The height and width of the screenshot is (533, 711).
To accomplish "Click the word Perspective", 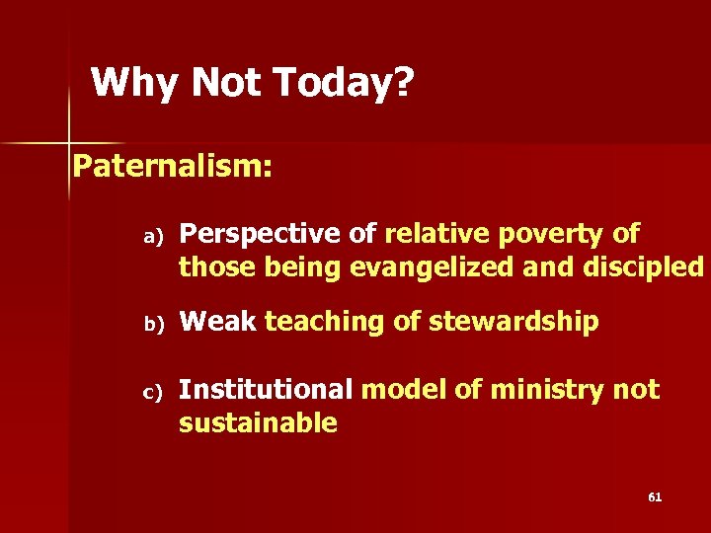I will [263, 235].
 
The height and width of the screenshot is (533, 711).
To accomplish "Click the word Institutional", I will [265, 390].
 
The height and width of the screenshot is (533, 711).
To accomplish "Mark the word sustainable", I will [258, 423].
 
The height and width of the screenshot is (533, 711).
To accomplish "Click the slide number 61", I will [655, 496].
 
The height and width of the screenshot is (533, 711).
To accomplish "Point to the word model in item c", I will [405, 390].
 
